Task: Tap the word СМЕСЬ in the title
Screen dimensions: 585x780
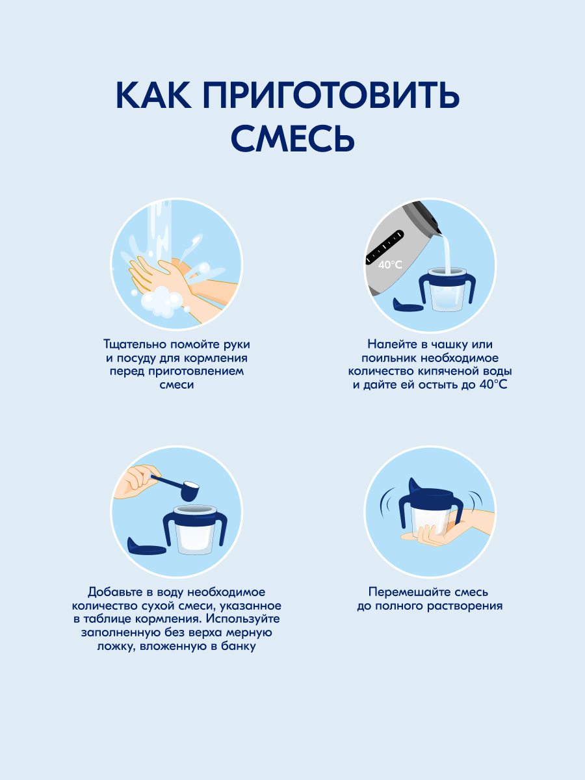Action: click(x=292, y=138)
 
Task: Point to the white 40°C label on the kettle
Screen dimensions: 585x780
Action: click(x=390, y=265)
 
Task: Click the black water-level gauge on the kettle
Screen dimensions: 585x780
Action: click(x=385, y=246)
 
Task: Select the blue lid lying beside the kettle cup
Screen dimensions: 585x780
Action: click(x=408, y=305)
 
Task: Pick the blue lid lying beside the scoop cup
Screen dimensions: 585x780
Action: click(x=146, y=547)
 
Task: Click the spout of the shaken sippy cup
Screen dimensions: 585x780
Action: click(x=414, y=486)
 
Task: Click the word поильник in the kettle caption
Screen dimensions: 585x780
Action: click(x=389, y=358)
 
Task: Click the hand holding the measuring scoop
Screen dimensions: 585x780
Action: click(x=137, y=480)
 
